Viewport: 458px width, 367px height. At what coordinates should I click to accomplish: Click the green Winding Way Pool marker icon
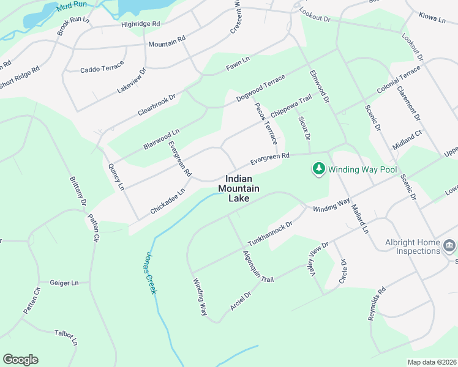tap(318, 169)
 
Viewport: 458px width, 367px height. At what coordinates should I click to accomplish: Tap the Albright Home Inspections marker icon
tap(449, 246)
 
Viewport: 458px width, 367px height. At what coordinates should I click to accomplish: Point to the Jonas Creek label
tap(150, 274)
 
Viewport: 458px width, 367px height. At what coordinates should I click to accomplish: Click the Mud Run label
tap(69, 7)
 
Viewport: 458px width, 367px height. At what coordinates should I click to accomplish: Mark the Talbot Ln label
tap(66, 338)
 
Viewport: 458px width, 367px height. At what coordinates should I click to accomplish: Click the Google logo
tap(20, 360)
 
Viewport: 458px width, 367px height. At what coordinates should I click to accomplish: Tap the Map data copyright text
tap(432, 362)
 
